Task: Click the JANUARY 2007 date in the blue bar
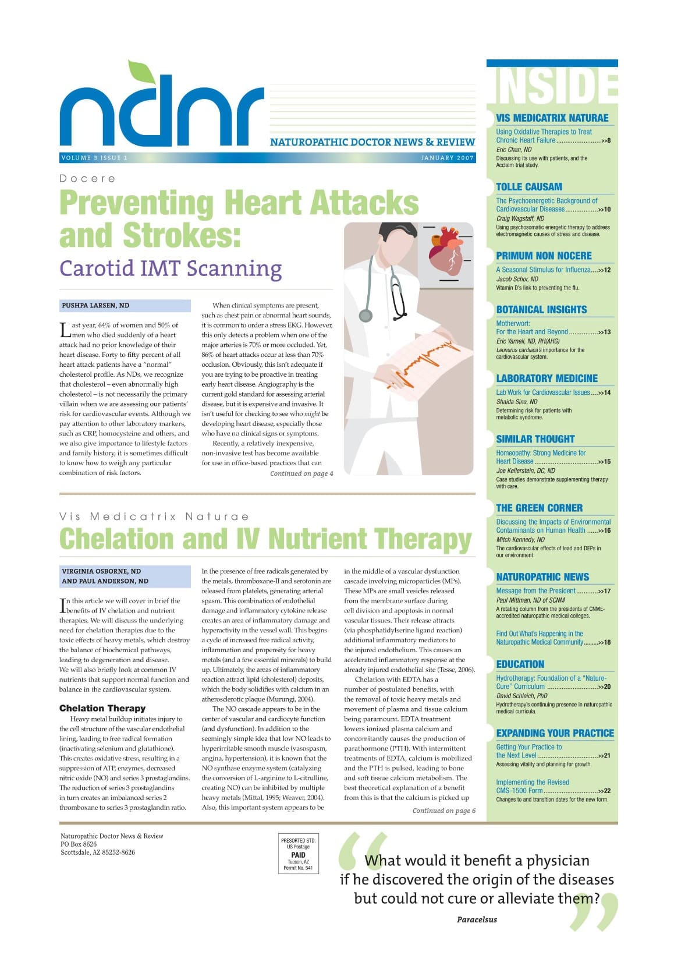point(447,158)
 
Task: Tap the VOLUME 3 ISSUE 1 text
point(94,158)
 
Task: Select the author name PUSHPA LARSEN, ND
point(95,306)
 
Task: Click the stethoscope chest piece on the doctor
point(365,316)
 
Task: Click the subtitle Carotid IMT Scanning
point(171,268)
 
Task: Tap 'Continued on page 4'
point(301,473)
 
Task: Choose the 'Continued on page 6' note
point(443,811)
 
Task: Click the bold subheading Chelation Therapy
point(102,708)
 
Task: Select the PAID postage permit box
point(298,854)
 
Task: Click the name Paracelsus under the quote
point(477,919)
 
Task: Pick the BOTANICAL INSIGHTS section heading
point(541,310)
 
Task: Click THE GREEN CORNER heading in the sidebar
point(539,508)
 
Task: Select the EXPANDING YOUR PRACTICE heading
point(555,733)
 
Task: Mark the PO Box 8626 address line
point(79,844)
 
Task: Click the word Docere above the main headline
point(87,179)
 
